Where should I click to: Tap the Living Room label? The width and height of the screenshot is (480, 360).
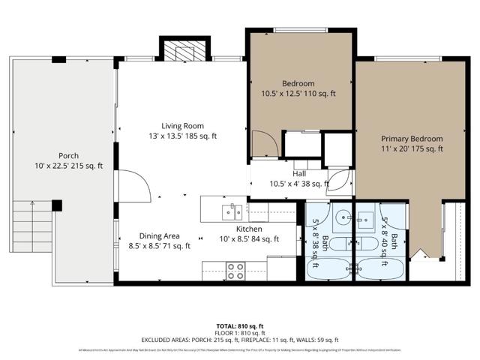coord(183,126)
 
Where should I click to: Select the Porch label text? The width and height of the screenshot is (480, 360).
coord(68,155)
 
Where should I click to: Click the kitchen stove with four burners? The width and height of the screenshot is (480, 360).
coord(235,269)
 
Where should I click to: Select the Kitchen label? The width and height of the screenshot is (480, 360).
coord(248,229)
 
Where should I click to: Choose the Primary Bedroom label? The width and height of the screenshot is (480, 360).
coord(411,139)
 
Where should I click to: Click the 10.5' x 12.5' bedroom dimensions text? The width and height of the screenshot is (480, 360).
coord(299,93)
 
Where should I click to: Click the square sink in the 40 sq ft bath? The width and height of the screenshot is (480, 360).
coord(367,219)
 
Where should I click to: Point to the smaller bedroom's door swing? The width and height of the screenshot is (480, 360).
coord(262,142)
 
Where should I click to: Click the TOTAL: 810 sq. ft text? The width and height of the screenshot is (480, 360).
coord(239,325)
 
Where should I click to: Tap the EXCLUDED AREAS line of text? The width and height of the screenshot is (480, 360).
coord(239,340)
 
